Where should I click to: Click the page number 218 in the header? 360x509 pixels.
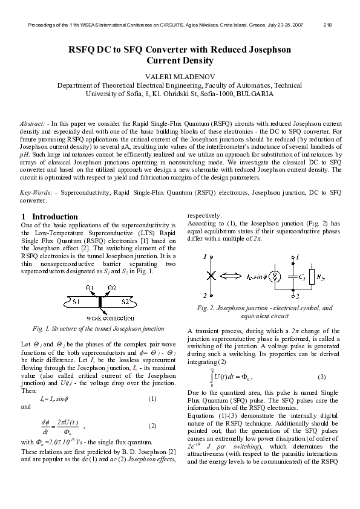(x=327, y=25)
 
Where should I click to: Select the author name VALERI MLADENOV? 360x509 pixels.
(x=180, y=76)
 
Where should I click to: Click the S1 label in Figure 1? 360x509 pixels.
(x=77, y=300)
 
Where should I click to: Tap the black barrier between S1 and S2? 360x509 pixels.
(x=100, y=301)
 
